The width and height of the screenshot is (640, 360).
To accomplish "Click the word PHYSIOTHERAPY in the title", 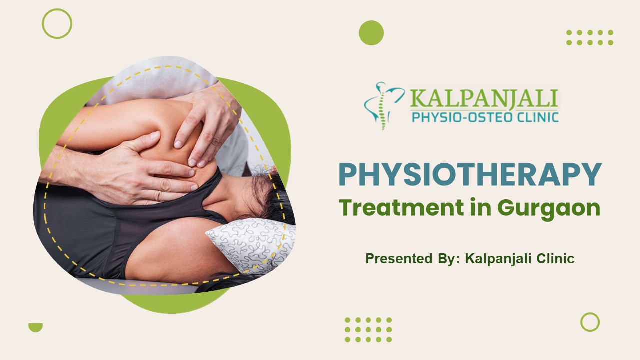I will [x=470, y=174].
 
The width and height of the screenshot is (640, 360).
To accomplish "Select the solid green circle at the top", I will [x=371, y=33].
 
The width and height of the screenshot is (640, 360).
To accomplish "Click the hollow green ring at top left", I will [x=57, y=24].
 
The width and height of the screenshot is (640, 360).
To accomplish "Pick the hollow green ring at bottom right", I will [x=590, y=322].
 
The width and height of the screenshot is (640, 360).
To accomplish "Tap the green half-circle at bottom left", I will [x=35, y=327].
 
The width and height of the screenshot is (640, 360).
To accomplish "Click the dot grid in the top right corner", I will [x=590, y=37].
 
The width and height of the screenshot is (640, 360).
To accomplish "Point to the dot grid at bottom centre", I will [x=368, y=330].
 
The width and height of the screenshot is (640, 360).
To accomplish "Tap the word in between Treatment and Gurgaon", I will [x=478, y=208].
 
